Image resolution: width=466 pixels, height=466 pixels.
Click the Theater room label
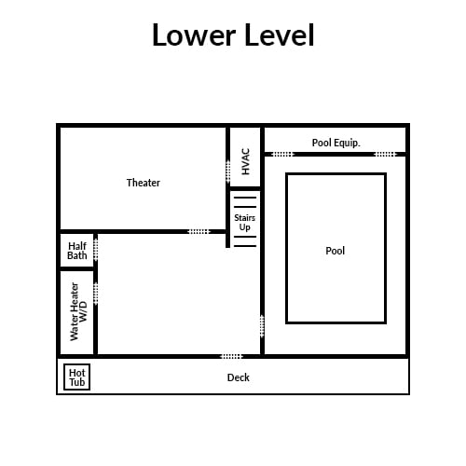144,183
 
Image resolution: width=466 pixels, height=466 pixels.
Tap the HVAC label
245,161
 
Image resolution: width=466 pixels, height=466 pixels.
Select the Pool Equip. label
336,143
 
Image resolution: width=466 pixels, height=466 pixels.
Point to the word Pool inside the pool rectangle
336,251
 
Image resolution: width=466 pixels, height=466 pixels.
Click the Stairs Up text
245,223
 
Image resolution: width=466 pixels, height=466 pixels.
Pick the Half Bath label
77,251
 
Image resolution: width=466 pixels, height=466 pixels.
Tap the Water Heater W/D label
78,311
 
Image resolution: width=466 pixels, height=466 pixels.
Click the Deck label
239,377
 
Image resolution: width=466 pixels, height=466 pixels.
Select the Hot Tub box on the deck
76,377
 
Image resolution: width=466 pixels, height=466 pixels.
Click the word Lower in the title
194,34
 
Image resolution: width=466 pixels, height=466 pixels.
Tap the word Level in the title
280,34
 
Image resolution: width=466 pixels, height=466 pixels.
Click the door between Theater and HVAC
228,171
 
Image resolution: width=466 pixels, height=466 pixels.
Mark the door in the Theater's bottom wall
199,232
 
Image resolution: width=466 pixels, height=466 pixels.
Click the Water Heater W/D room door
96,294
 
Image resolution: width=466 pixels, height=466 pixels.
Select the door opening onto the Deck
231,356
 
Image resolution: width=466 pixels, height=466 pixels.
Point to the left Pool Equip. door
282,154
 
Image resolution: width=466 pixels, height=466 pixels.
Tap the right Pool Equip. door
386,154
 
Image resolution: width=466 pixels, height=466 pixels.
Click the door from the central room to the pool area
262,326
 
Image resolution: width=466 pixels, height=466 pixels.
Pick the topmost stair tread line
245,198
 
